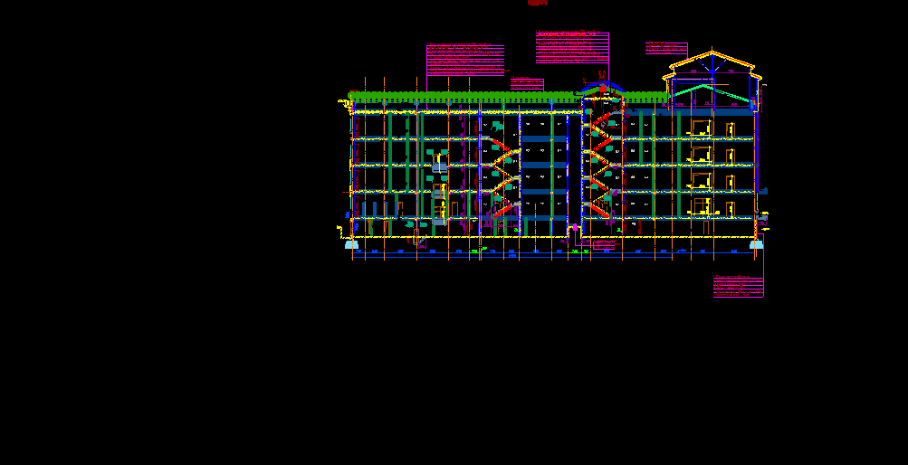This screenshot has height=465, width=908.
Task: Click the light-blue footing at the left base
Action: tap(351, 244)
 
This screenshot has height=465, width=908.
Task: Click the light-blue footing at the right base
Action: tap(755, 244)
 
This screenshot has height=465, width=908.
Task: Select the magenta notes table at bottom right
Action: tap(738, 288)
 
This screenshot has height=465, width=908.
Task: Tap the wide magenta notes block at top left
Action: tap(465, 60)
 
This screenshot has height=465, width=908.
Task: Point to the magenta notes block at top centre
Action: tap(572, 47)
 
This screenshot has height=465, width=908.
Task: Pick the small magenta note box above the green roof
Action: tap(527, 84)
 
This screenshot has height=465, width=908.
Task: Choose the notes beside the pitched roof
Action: tap(665, 48)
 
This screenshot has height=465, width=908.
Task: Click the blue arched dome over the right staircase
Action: tap(601, 87)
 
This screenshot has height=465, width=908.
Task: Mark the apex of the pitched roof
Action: tap(713, 53)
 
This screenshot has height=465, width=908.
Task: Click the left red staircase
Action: tap(503, 176)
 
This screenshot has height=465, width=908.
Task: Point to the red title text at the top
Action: tap(538, 4)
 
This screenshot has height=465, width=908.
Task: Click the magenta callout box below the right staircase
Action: tap(604, 243)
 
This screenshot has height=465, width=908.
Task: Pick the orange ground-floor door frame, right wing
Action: tap(701, 207)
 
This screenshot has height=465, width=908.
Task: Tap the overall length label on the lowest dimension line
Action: tap(511, 258)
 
